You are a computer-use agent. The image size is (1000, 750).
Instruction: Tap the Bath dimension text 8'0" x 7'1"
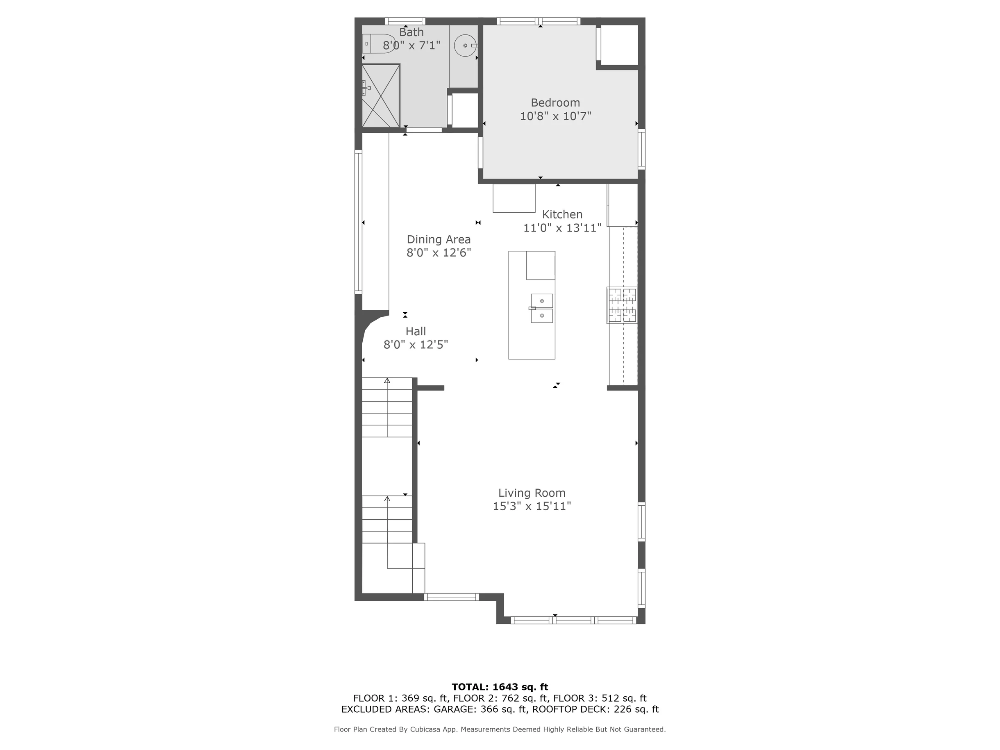[x=411, y=45]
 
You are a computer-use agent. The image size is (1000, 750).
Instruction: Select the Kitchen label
[x=562, y=214]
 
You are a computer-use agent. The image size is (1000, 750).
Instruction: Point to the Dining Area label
[x=439, y=240]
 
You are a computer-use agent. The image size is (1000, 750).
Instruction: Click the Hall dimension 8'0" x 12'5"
[x=416, y=345]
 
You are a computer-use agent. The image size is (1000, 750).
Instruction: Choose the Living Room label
[x=532, y=493]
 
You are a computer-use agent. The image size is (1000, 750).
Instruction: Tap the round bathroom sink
[x=465, y=45]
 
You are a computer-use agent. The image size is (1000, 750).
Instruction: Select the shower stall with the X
[x=381, y=96]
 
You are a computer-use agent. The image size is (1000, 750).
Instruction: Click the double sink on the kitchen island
[x=541, y=308]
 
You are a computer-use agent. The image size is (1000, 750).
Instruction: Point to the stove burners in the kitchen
[x=622, y=305]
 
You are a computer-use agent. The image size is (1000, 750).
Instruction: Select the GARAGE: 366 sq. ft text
[x=480, y=709]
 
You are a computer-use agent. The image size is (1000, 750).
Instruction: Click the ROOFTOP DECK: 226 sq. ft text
[x=595, y=709]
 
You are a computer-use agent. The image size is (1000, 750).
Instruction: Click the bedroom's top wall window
[x=539, y=21]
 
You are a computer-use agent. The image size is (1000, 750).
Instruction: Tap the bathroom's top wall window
[x=405, y=21]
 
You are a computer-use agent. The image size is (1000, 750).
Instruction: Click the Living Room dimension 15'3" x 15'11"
[x=532, y=506]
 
